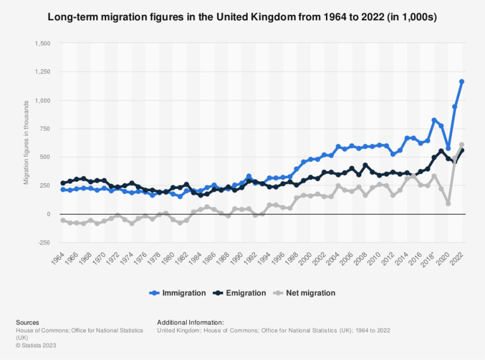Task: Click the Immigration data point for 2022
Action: click(x=462, y=82)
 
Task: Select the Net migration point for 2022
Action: click(x=462, y=145)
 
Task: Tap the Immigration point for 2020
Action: click(x=448, y=148)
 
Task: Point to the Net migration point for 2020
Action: click(x=448, y=203)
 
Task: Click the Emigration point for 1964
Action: click(x=63, y=183)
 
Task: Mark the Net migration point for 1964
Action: click(x=63, y=220)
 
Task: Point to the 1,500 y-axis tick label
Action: click(x=43, y=44)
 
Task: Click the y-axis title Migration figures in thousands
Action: click(x=26, y=143)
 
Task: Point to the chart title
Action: click(x=242, y=17)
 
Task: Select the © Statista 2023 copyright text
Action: click(x=38, y=345)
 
